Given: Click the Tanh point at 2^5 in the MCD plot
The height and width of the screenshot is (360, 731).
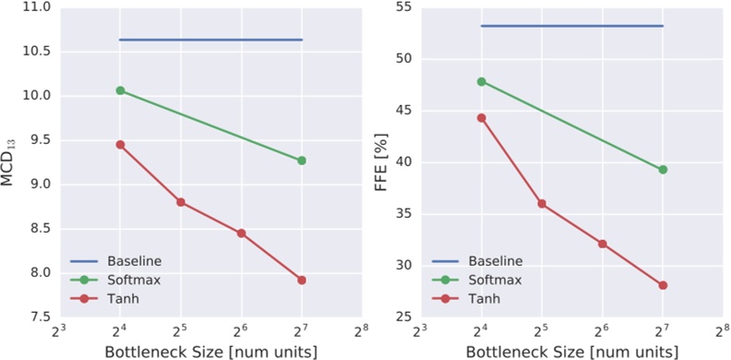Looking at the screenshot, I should tap(181, 202).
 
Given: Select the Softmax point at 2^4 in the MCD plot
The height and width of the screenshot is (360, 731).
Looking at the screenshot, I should tap(120, 90).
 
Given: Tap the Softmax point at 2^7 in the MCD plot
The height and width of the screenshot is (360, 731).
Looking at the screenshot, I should tap(302, 161).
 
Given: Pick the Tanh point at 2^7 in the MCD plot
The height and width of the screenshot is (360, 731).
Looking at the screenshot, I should tap(302, 280).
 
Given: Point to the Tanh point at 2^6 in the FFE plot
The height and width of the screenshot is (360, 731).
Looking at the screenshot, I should tap(603, 244).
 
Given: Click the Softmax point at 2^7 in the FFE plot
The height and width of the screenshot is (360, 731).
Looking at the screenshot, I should tap(663, 169).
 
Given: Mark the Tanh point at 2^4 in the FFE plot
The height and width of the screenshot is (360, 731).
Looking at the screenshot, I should tap(481, 117).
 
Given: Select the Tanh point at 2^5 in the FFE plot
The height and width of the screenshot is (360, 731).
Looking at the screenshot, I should tap(542, 203).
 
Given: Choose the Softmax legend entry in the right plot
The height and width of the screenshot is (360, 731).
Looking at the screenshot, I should tap(490, 280).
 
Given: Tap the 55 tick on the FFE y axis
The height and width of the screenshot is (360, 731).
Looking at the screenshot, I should tap(402, 7).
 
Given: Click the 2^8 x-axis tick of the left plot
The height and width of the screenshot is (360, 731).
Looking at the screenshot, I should tap(362, 330).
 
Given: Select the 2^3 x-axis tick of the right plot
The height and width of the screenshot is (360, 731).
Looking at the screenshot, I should tap(420, 330).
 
